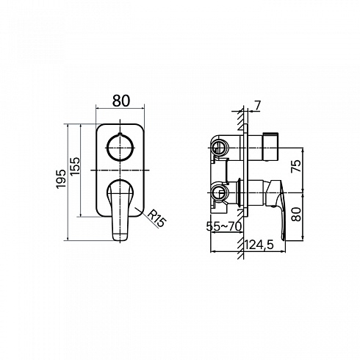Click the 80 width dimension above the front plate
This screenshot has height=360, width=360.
(121, 101)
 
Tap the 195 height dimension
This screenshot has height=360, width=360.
(61, 179)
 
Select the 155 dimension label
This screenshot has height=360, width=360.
(75, 166)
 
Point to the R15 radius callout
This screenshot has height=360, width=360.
(157, 218)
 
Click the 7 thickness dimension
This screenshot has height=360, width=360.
(257, 106)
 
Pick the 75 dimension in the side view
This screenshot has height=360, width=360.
(296, 166)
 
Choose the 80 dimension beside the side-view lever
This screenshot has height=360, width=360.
(296, 214)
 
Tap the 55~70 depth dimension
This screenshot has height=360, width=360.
(224, 226)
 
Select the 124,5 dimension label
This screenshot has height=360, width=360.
(259, 245)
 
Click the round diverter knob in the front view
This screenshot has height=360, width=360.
(120, 148)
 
